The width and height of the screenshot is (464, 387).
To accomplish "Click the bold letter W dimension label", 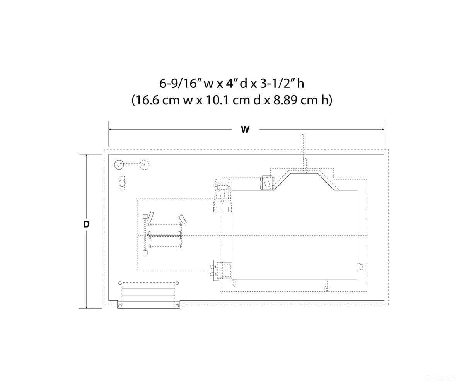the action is tap(245, 130).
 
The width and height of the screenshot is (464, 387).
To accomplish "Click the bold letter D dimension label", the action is tap(86, 224).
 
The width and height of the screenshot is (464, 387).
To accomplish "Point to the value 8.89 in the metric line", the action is tap(285, 100).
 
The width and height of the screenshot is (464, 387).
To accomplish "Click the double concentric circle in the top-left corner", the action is tap(119, 165).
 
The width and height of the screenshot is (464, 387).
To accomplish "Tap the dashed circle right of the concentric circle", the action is tap(145, 165).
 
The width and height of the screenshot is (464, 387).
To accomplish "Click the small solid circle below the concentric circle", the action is tap(122, 183).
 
